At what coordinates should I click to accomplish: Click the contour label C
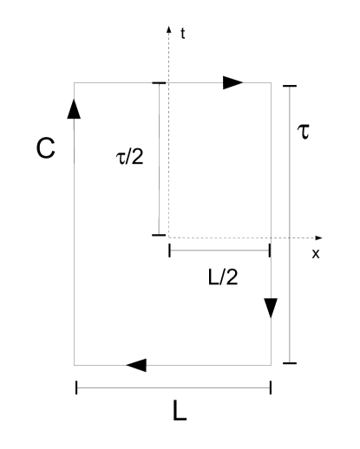point(46,148)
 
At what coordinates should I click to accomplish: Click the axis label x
point(316,254)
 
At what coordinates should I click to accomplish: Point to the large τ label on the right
point(304,134)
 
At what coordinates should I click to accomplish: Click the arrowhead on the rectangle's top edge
point(232,82)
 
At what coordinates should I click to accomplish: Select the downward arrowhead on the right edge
point(271,308)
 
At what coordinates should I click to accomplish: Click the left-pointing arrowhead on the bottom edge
point(136,365)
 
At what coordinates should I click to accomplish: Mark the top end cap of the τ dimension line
point(290,85)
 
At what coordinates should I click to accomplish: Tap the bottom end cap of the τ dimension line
point(290,363)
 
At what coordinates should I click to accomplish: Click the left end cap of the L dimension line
point(76,387)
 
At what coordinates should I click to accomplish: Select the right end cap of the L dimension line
point(271,387)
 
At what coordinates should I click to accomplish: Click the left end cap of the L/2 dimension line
point(170,251)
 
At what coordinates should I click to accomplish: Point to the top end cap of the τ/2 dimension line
point(158,82)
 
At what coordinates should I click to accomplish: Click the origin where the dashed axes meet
point(168,237)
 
